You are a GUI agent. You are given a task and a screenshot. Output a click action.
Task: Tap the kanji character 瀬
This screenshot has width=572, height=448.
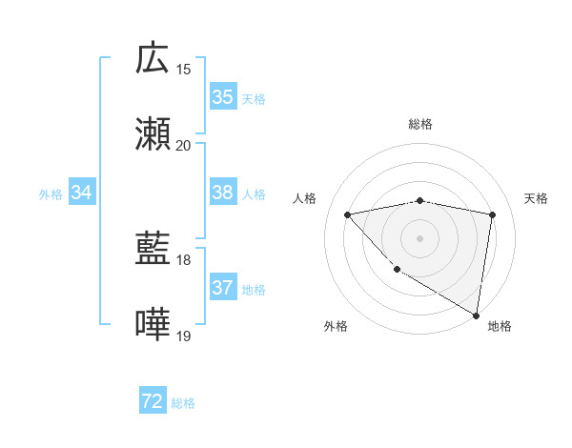point(153,134)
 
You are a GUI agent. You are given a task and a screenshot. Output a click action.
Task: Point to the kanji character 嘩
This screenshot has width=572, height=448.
point(153,325)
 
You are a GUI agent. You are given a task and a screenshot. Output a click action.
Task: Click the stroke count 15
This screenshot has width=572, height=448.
point(184,69)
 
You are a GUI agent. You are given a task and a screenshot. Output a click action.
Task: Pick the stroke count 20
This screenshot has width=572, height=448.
point(184,145)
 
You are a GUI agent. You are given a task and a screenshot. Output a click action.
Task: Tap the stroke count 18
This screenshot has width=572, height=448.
point(184,259)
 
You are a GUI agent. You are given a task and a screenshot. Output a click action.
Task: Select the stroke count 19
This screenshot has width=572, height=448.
point(184,336)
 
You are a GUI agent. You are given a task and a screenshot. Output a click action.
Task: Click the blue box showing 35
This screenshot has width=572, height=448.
point(222,97)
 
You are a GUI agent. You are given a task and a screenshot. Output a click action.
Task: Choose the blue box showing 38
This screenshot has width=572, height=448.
point(222,193)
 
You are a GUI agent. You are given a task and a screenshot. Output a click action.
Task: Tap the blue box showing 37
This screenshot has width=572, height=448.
point(222,288)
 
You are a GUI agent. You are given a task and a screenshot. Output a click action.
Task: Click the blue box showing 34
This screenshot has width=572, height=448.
point(82,193)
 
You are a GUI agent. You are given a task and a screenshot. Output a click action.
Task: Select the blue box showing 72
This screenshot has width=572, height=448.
point(153,401)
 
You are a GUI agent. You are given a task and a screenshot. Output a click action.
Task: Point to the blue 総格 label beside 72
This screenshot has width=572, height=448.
point(183,403)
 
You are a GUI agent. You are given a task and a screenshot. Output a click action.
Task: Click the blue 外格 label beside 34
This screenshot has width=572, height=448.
point(51,194)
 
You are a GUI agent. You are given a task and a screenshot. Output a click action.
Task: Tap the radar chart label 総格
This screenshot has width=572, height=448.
point(419,124)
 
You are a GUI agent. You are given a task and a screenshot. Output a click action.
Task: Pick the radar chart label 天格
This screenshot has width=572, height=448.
point(537,198)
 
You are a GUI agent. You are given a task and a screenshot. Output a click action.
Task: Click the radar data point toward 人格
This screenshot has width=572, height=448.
point(348,214)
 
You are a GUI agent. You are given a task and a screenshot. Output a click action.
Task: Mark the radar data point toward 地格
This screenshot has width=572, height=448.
point(476,315)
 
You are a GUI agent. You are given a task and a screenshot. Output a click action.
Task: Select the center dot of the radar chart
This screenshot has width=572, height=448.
point(419,237)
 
